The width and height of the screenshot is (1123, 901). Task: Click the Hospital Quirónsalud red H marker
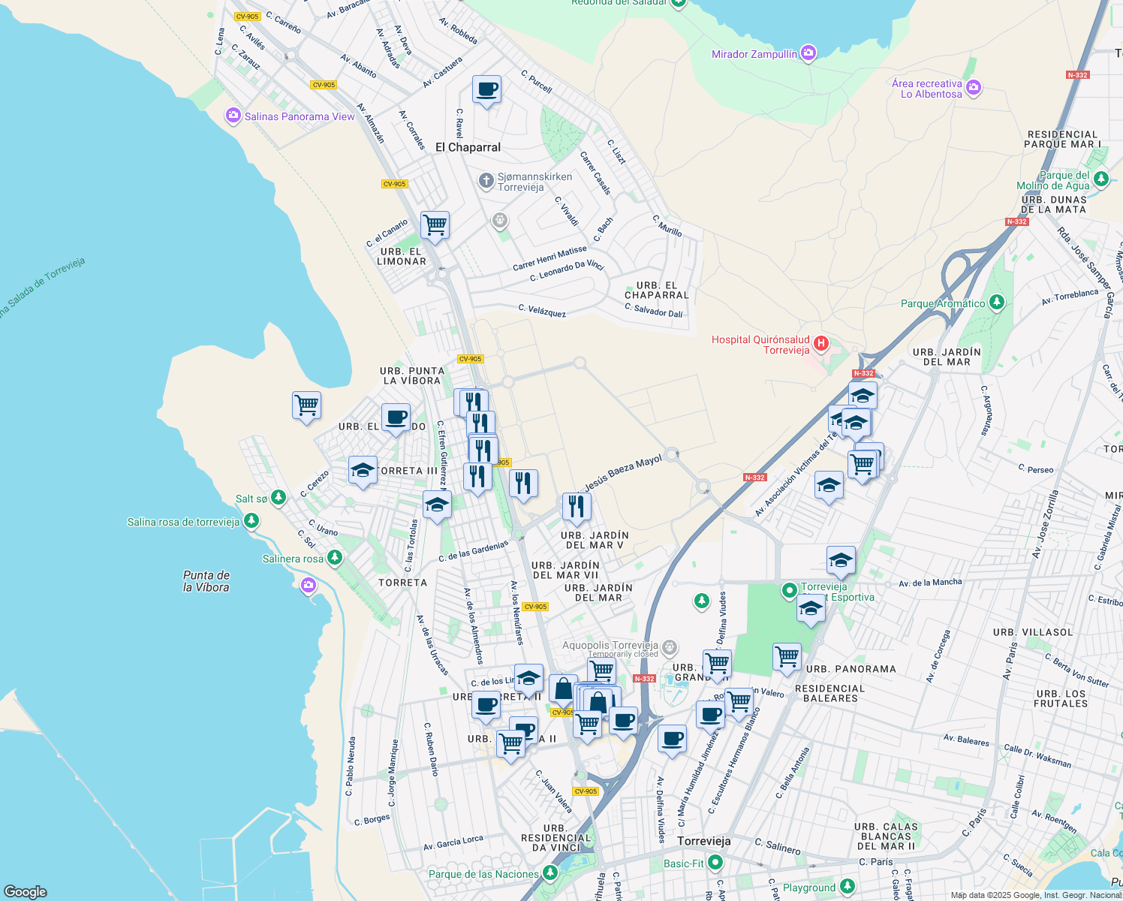[x=820, y=344]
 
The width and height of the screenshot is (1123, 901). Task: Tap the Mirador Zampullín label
[x=754, y=54]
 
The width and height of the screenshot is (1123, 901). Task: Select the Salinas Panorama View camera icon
[x=233, y=116]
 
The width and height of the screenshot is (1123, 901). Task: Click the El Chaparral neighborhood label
[x=468, y=147]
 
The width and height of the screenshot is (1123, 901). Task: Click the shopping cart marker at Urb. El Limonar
[x=435, y=224]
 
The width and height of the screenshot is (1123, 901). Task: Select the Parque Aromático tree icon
[x=996, y=303]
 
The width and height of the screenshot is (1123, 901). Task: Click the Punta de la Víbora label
[x=206, y=581]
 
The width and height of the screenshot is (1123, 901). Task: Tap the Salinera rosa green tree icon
[x=335, y=558]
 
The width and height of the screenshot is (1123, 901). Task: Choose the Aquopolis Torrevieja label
[x=610, y=645]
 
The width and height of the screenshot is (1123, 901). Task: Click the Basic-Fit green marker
[x=715, y=863]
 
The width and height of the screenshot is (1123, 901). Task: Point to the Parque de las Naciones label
[x=483, y=874]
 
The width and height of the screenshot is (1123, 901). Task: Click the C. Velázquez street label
[x=542, y=311]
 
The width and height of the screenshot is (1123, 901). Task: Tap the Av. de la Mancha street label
[x=929, y=583]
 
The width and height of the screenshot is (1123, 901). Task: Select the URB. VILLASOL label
[x=1033, y=632]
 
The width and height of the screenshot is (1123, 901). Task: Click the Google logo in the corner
[x=25, y=891]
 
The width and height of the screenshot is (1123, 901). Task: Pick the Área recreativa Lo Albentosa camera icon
[x=973, y=88]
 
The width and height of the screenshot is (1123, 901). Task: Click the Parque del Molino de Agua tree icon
[x=1101, y=179]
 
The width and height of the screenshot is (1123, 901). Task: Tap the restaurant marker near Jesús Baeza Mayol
[x=576, y=507]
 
